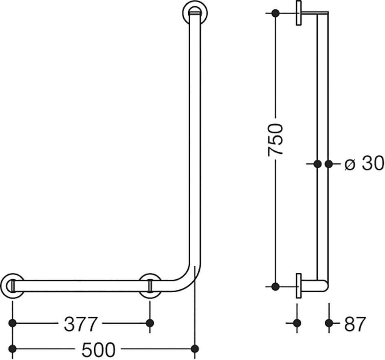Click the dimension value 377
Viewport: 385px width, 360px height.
pyautogui.click(x=80, y=324)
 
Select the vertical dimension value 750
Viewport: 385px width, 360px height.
pyautogui.click(x=276, y=139)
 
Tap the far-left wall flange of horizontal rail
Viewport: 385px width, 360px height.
pyautogui.click(x=12, y=286)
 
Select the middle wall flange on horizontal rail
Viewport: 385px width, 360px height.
pyautogui.click(x=150, y=286)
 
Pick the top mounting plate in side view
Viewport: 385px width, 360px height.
pyautogui.click(x=299, y=13)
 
